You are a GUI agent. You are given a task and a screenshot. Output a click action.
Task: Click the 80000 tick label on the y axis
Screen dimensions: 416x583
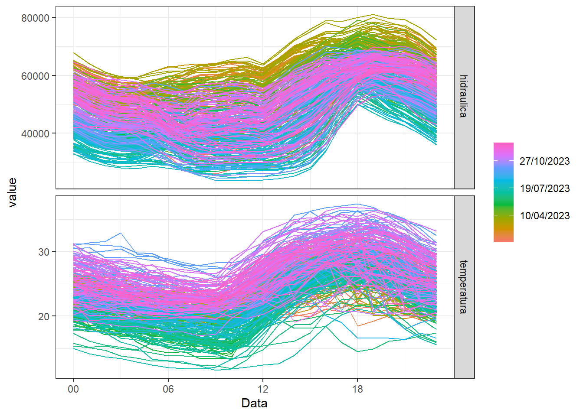pos(36,18)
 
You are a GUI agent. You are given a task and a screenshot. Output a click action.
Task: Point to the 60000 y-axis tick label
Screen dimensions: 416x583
pos(36,76)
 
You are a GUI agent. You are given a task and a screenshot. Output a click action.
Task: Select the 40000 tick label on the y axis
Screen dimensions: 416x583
pos(36,134)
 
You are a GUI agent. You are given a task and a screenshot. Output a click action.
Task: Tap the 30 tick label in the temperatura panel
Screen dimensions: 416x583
pos(44,252)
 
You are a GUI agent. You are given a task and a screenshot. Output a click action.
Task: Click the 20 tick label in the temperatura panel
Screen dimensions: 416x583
pos(44,317)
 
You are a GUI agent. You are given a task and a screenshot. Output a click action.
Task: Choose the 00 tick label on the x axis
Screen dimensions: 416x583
pos(73,389)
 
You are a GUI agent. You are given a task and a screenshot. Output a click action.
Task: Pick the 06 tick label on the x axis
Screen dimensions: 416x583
pos(168,389)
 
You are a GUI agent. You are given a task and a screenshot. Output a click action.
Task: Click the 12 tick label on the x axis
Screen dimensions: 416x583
pos(263,389)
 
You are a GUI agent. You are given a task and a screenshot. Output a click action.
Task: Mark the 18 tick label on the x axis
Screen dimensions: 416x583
pos(357,389)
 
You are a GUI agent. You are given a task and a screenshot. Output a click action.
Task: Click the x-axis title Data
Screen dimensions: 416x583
pos(254,403)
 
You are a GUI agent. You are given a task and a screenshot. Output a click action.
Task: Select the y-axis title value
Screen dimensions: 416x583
pos(12,192)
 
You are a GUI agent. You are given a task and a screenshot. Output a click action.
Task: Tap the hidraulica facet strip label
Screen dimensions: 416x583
pos(464,96)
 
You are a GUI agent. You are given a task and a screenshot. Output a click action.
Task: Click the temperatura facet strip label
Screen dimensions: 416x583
pos(464,286)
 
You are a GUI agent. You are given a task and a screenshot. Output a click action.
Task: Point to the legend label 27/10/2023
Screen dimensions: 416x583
pos(544,161)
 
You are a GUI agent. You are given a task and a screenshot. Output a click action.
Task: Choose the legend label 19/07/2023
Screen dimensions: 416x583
pos(544,188)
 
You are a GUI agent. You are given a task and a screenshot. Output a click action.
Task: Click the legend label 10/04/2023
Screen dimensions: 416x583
pos(544,216)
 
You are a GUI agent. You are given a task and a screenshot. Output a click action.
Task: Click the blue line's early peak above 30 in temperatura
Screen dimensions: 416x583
pos(121,233)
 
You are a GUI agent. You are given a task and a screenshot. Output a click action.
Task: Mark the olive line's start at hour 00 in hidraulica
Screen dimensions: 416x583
pos(74,53)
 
